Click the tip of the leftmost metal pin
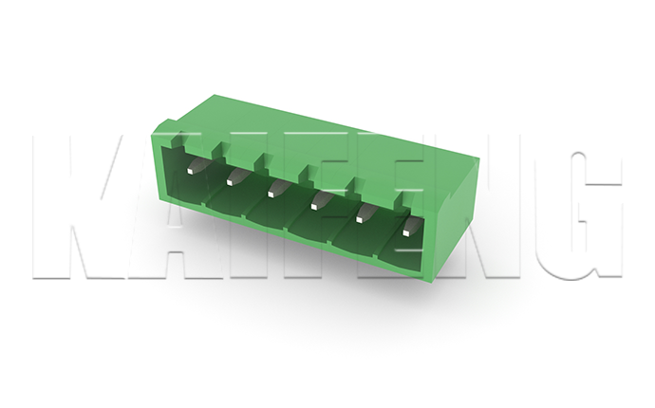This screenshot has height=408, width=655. (190, 171)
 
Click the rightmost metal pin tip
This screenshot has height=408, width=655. (406, 232)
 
